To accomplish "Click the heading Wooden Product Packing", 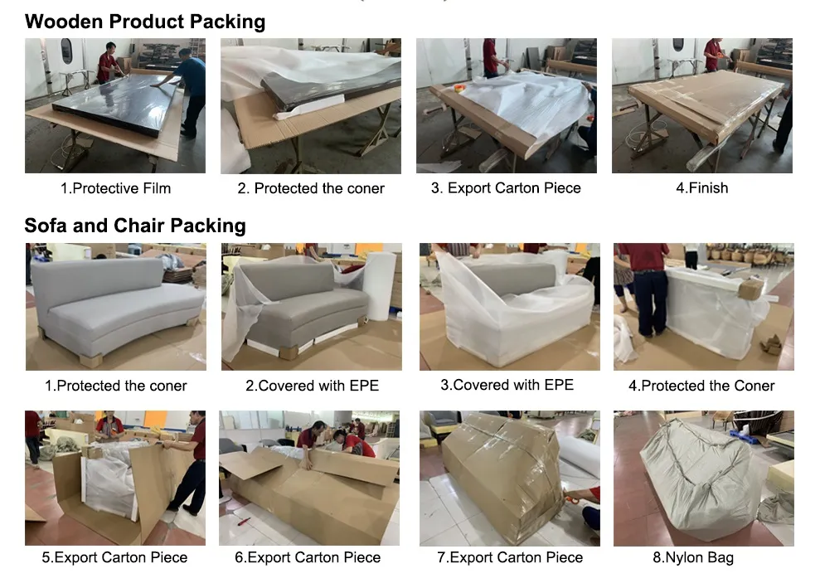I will click(x=145, y=22).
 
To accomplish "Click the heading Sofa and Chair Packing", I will click(x=135, y=226).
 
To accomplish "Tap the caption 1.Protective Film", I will click(x=115, y=188).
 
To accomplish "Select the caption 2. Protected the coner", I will click(x=311, y=188).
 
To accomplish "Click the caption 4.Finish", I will click(x=701, y=188).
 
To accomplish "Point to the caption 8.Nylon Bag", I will click(x=693, y=557).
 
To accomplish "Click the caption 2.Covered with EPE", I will click(x=312, y=386).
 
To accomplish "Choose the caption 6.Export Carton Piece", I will click(x=308, y=557).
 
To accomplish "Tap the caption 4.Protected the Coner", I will click(x=701, y=386).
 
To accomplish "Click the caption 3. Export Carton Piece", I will click(x=506, y=188).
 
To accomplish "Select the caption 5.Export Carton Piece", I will click(x=114, y=557).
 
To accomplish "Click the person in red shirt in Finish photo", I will click(x=712, y=54).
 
